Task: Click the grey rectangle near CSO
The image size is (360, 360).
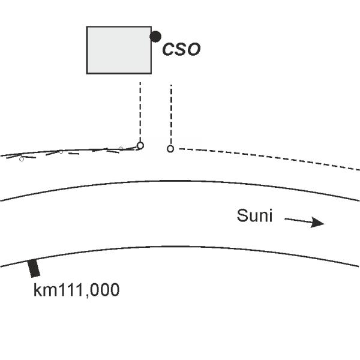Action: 119,50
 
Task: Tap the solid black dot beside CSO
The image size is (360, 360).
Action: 155,37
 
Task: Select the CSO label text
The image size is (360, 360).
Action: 181,50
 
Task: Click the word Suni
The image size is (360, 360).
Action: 254,216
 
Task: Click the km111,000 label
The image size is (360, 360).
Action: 76,290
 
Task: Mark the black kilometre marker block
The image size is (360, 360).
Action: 35,268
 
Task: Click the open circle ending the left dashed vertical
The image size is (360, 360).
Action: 140,145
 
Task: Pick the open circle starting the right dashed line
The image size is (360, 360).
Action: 170,148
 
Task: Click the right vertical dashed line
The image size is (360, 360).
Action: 171,114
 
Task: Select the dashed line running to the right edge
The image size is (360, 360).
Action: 270,157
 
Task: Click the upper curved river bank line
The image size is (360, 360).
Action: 180,181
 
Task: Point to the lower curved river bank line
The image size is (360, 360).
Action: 180,247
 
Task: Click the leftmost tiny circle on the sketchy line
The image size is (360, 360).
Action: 22,159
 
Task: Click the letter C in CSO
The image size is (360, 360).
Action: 169,50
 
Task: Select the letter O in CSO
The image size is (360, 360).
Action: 193,50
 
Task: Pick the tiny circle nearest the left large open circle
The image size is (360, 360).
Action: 121,148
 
